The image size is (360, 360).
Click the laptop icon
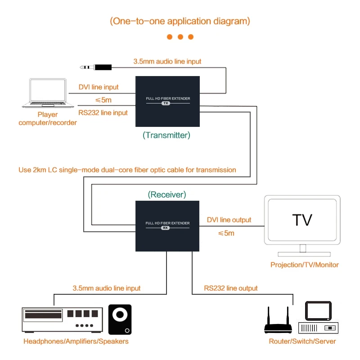coord(48,94)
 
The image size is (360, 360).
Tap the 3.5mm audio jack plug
coord(96,67)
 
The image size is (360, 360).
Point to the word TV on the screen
coord(302,220)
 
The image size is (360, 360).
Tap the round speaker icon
coord(120,319)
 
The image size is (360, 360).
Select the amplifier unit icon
coord(63,319)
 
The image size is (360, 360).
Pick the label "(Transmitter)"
coord(166,135)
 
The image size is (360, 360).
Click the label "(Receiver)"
coord(167,194)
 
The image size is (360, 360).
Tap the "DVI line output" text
coord(229,220)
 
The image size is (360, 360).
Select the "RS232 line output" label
coord(231,288)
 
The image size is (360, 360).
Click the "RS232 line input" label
coord(103,113)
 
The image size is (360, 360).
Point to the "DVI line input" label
coord(99,87)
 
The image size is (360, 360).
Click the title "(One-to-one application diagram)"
coord(180,21)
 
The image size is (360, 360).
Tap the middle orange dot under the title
coord(180,37)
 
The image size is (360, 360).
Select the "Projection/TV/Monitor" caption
coord(305,265)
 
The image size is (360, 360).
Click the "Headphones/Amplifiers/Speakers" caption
coord(76,341)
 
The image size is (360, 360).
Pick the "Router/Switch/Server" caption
coord(302,341)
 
